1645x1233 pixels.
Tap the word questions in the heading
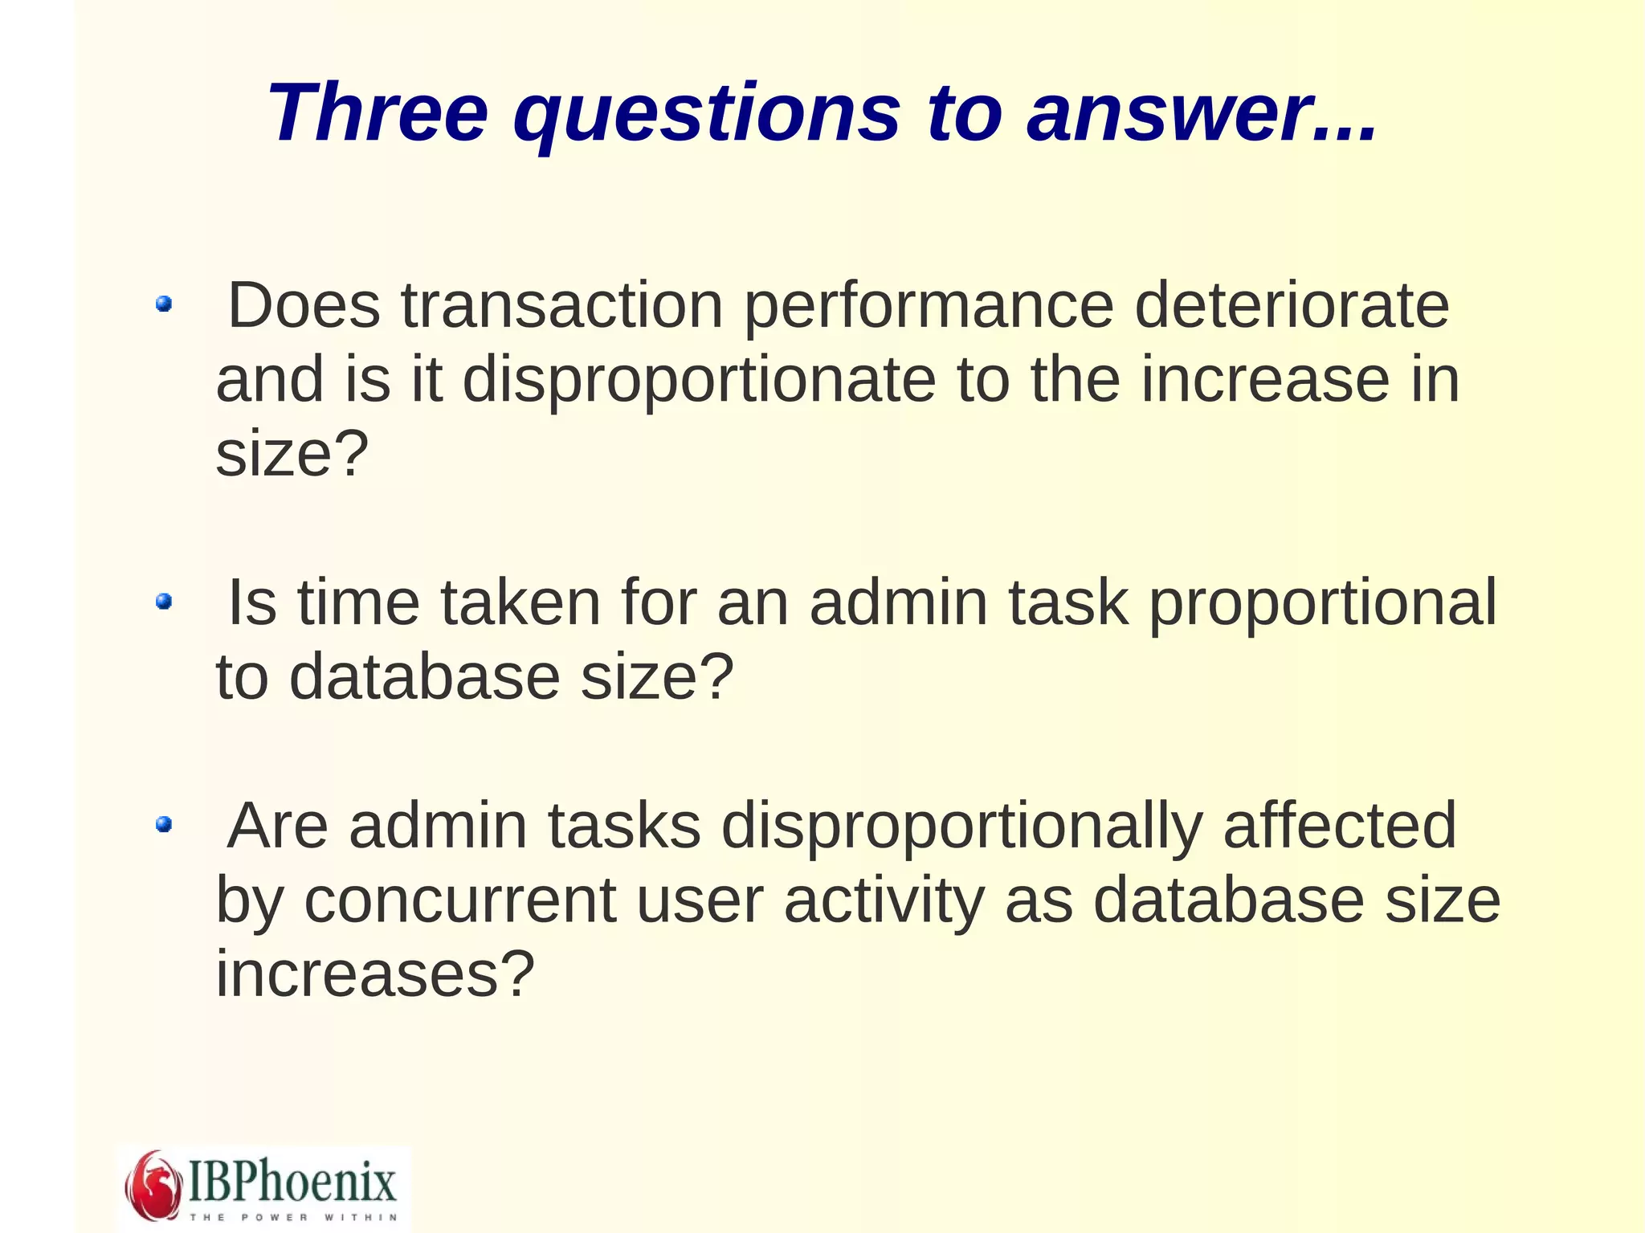point(707,114)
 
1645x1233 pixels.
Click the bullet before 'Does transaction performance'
point(164,304)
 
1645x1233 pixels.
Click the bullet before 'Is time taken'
point(164,601)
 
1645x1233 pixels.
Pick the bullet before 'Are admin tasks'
point(164,823)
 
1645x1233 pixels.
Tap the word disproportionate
point(699,381)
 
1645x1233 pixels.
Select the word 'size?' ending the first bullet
point(292,454)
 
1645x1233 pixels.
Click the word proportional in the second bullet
point(1322,604)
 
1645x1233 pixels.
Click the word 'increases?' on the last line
point(375,974)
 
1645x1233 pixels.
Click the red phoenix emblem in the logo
point(153,1186)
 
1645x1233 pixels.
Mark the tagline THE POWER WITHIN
point(293,1217)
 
